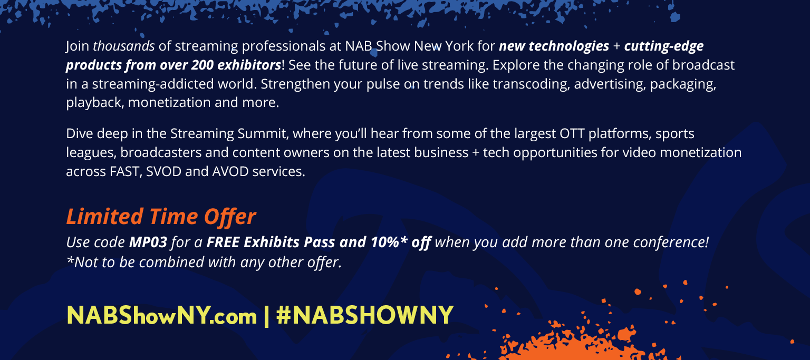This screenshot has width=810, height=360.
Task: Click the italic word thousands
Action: (x=124, y=46)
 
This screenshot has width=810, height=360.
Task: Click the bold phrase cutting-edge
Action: (x=664, y=46)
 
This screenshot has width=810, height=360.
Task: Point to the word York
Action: (x=459, y=46)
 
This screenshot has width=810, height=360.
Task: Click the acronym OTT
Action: (x=572, y=134)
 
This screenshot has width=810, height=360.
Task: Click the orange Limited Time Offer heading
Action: (x=161, y=217)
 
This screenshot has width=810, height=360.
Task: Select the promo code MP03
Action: (x=148, y=242)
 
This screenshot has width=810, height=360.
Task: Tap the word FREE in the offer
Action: (x=223, y=242)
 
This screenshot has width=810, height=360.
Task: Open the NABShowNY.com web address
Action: (x=162, y=316)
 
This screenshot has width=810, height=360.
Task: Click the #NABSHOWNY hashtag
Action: (x=364, y=315)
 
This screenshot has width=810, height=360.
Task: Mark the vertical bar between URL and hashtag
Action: (x=266, y=316)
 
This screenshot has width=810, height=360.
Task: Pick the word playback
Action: (x=95, y=103)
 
